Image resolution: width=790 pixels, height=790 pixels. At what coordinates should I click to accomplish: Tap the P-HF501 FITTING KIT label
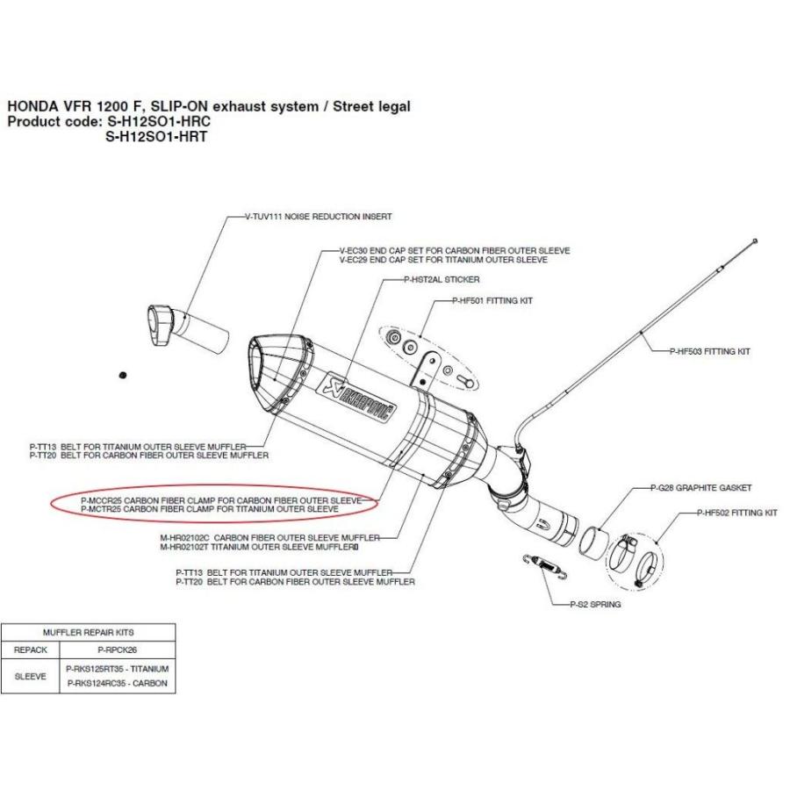(485, 301)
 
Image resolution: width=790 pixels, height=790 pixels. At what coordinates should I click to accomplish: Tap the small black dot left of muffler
(123, 375)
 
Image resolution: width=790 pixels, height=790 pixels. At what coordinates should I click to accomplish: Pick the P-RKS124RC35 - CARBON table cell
(117, 684)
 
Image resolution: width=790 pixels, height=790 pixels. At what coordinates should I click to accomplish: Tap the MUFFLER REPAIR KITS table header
(88, 632)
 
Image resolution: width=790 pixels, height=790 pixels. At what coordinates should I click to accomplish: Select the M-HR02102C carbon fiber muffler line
(269, 537)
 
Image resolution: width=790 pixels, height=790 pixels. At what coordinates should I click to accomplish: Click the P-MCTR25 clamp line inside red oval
(209, 508)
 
